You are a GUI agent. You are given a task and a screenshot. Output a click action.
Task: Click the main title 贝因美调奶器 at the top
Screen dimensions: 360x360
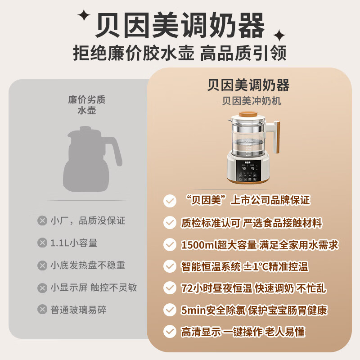(180, 25)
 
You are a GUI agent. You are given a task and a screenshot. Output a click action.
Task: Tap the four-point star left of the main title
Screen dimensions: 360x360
(84, 15)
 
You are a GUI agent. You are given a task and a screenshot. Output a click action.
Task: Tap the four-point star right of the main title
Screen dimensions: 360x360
(279, 36)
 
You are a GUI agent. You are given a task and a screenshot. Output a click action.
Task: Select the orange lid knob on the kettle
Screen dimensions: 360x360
(248, 114)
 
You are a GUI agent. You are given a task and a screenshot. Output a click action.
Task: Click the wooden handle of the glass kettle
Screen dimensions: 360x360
(276, 137)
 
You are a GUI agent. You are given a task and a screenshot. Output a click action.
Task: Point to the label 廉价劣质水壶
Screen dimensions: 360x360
(87, 105)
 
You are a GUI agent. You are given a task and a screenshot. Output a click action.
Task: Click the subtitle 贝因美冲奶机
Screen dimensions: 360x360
(252, 101)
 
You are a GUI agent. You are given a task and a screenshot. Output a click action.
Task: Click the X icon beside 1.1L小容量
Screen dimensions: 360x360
(42, 243)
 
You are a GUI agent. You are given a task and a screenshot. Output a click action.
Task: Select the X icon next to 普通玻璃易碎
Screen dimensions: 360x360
(42, 309)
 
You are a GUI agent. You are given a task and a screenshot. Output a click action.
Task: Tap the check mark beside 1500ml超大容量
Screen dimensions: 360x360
(170, 244)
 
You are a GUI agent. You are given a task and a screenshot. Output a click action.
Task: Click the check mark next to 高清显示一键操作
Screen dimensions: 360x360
(170, 332)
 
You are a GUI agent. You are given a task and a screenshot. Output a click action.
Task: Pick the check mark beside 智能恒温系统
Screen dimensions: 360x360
(170, 266)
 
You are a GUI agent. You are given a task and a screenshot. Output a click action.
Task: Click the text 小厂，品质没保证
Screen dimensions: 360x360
(88, 220)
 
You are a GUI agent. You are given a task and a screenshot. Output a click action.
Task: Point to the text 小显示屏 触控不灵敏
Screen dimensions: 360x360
(94, 288)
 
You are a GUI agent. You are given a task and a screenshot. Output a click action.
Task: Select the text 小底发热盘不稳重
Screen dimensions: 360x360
(88, 265)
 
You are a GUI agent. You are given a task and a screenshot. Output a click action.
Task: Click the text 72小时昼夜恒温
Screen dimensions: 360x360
(217, 288)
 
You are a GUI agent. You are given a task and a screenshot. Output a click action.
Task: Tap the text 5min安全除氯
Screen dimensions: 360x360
(213, 310)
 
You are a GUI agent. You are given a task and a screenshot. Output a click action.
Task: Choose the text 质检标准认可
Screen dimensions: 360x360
(211, 223)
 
